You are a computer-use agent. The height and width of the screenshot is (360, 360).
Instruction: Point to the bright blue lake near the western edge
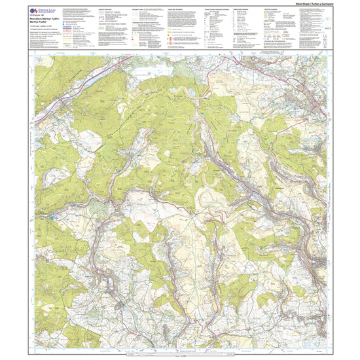click(x=51, y=214)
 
